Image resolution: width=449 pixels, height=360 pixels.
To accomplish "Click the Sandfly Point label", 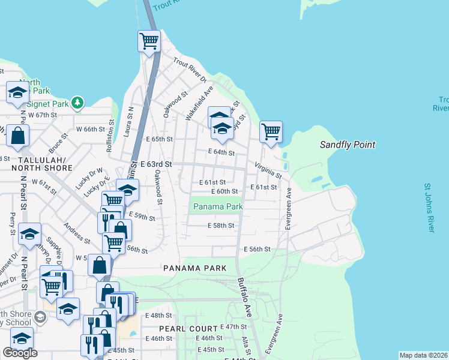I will click(347, 145).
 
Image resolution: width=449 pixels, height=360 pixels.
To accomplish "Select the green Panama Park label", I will click(217, 207).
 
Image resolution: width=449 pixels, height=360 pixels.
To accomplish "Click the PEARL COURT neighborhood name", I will click(188, 329).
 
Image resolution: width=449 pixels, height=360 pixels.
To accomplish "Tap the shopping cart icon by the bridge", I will click(149, 41).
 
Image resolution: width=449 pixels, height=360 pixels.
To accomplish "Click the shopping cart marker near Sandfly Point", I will click(271, 131).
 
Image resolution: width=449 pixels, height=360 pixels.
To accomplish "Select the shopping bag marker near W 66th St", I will click(19, 136).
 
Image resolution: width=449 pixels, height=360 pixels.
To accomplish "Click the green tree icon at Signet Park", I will click(77, 103).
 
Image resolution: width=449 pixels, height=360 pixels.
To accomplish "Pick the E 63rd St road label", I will click(156, 164).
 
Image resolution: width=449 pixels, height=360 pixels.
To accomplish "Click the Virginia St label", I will click(268, 170).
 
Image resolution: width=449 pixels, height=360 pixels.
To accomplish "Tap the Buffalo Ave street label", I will click(243, 298).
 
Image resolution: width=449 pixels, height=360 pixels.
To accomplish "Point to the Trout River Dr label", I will click(190, 70).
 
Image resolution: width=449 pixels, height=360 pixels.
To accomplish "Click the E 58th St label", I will click(220, 226).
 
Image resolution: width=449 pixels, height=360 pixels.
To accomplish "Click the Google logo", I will click(20, 353).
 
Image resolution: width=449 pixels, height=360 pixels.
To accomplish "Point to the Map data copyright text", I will click(423, 355).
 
